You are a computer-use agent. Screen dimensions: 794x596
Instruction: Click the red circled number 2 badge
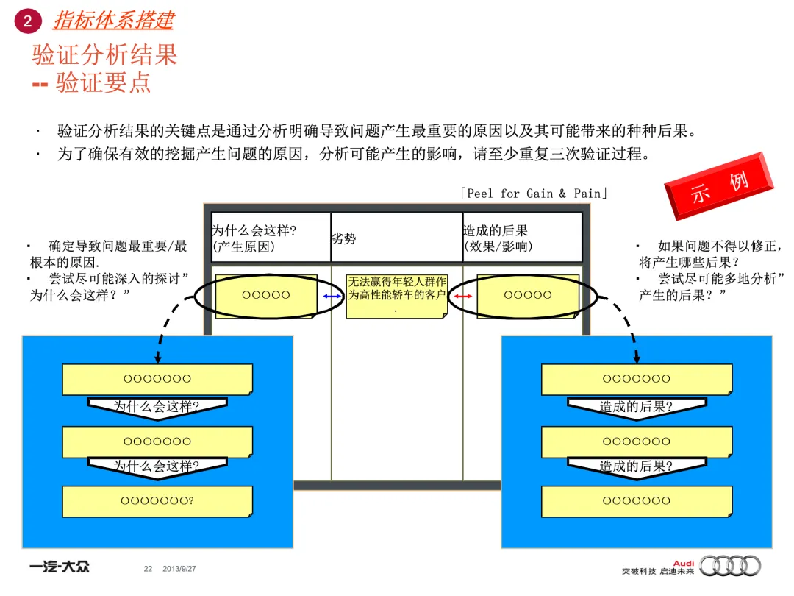[x=28, y=21]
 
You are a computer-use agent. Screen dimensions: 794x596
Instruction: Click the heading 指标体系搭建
[x=113, y=21]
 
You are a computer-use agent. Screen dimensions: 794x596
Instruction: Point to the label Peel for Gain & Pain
[x=534, y=194]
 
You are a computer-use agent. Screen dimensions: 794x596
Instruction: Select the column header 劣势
[x=344, y=238]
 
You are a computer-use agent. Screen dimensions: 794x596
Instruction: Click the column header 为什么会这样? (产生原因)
[x=254, y=238]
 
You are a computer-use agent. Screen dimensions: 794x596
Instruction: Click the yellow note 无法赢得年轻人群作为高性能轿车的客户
[x=397, y=295]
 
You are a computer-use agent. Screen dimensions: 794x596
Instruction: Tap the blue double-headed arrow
[x=332, y=296]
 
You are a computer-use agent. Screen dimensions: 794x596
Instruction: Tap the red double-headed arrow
[x=462, y=296]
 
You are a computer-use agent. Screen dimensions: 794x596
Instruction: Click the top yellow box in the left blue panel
[x=157, y=379]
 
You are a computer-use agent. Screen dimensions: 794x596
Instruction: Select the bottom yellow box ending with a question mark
[x=157, y=501]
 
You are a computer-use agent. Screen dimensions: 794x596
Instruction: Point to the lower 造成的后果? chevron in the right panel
[x=637, y=466]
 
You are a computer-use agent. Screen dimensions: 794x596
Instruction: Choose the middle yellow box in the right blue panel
[x=637, y=441]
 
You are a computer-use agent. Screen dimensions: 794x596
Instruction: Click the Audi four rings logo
[x=731, y=566]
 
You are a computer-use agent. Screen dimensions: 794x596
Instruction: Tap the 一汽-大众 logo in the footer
[x=60, y=567]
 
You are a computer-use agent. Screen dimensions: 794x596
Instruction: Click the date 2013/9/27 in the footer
[x=179, y=569]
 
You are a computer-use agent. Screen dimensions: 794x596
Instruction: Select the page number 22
[x=148, y=569]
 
